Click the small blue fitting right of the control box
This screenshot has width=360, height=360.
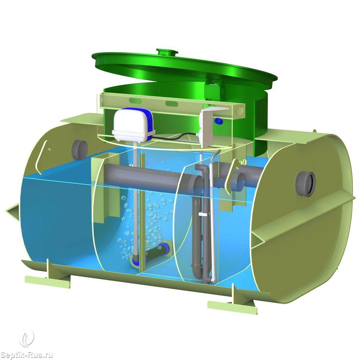(x=217, y=120)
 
